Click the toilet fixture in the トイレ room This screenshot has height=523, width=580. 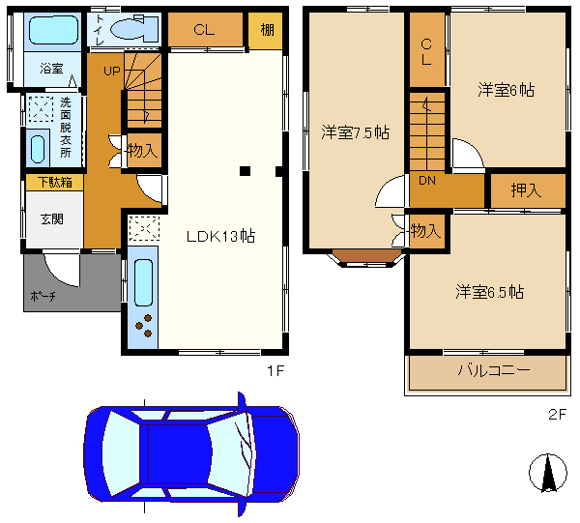point(134,28)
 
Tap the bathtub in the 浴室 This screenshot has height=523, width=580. point(53,30)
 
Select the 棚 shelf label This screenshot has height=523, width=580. point(267,30)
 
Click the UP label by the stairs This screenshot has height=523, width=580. point(112,71)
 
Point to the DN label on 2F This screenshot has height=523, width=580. point(427,181)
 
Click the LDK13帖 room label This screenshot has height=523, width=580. point(220,236)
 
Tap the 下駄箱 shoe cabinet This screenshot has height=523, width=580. point(55,183)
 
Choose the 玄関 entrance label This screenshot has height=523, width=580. point(52,219)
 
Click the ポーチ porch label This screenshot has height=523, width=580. point(43,296)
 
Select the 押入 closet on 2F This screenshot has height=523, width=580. point(528,190)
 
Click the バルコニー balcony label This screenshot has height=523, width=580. point(494,370)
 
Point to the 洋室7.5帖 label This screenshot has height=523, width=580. point(355,132)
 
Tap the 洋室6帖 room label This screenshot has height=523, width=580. point(506,90)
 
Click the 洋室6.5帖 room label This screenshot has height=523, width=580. point(489,292)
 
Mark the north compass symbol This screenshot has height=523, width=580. point(548,473)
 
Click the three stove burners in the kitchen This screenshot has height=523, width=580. point(144,326)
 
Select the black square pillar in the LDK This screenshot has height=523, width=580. point(245,171)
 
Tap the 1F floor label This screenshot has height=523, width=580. point(275,370)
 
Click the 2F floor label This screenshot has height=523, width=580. point(557,415)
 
